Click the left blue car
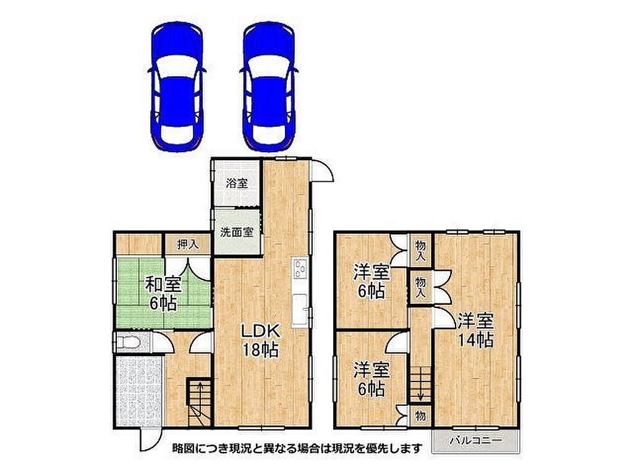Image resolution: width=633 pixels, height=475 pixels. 177,87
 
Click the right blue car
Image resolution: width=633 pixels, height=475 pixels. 269,87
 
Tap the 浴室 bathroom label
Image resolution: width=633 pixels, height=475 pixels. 237,184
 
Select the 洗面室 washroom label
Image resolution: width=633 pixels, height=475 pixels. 237,233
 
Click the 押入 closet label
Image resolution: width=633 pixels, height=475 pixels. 188,244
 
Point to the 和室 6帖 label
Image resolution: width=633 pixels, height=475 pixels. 163,293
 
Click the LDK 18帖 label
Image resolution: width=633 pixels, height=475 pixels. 260,340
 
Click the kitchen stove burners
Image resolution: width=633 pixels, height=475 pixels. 299,270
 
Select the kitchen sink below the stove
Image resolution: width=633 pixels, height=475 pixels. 299,309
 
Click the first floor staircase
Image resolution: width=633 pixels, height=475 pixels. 200,400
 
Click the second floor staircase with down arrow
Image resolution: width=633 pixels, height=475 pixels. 420,383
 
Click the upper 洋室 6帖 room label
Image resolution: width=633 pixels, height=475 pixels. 372,281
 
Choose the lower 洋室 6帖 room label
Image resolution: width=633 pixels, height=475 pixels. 372,379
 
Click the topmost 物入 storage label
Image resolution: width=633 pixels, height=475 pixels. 420,250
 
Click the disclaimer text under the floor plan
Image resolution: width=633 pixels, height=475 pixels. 297,448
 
